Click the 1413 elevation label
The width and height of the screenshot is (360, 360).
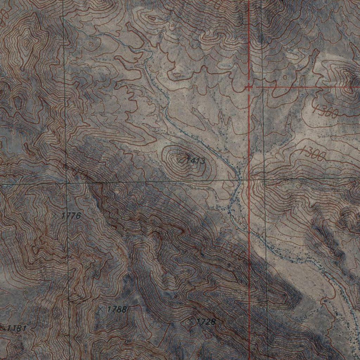pyautogui.click(x=195, y=161)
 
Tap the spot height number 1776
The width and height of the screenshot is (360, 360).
pyautogui.click(x=71, y=216)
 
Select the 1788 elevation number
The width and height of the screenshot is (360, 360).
pyautogui.click(x=116, y=309)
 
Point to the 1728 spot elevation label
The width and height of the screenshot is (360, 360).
pyautogui.click(x=205, y=322)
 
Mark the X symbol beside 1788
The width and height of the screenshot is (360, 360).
pyautogui.click(x=101, y=309)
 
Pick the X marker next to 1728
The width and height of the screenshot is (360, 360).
pyautogui.click(x=191, y=321)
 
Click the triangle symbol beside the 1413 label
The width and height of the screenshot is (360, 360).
pyautogui.click(x=181, y=160)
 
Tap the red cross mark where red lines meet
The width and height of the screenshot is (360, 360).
pyautogui.click(x=249, y=86)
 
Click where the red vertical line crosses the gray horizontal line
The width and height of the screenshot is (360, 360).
pyautogui.click(x=249, y=180)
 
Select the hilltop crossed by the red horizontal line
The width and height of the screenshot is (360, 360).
pyautogui.click(x=348, y=86)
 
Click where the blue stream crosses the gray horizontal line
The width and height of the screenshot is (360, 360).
pyautogui.click(x=239, y=180)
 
